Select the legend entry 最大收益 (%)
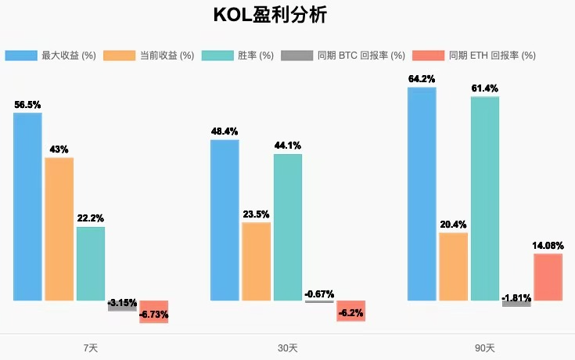point(51,56)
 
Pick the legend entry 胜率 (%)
point(238,56)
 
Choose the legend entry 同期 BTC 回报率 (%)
point(343,56)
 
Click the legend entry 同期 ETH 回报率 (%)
point(475,56)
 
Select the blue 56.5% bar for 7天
point(27,207)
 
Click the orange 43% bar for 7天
point(59,229)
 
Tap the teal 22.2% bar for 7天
point(91,264)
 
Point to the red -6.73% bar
point(154,311)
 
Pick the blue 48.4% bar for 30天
point(225,220)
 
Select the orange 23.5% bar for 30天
point(257,261)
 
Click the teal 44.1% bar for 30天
point(288,227)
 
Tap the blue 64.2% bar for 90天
point(422,193)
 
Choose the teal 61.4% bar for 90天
point(485,198)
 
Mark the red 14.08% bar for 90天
point(548,277)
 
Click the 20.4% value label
point(454,225)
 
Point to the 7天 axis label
point(90,347)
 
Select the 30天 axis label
point(287,347)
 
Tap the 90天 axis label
point(485,347)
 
